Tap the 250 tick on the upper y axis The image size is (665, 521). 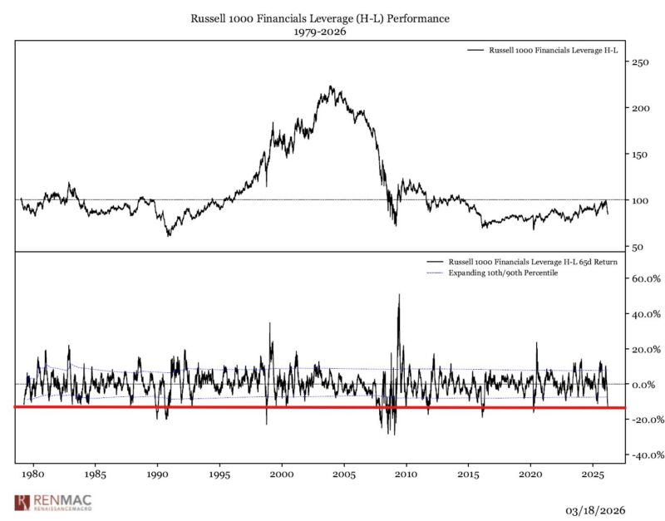(641, 62)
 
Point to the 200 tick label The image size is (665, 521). (641, 108)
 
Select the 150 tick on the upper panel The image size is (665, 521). (641, 155)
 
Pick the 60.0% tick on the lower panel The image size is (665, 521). (647, 279)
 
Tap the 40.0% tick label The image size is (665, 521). (647, 315)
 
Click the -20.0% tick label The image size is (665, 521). (645, 420)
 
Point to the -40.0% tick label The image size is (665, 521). (645, 455)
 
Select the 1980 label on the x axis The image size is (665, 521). (32, 474)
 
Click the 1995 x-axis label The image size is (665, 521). (219, 474)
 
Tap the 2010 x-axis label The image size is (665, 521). (406, 474)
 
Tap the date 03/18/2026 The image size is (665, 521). (595, 509)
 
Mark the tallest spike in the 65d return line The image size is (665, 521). (399, 295)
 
